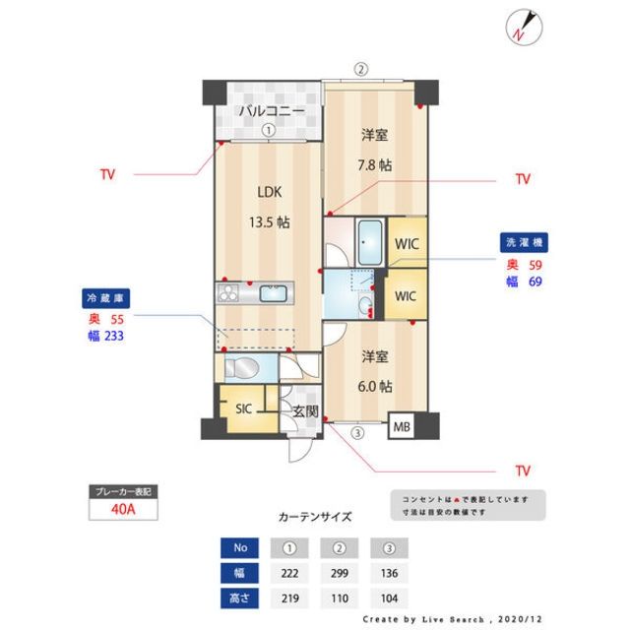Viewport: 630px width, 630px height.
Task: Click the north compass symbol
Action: [x=521, y=27]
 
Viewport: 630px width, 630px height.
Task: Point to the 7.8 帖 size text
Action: [x=374, y=165]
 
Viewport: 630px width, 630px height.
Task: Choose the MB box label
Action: [x=403, y=427]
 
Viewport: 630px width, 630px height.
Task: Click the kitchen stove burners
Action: [x=230, y=292]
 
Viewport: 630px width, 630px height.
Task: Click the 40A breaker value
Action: [x=122, y=510]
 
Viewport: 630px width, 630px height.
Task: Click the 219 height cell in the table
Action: [x=288, y=598]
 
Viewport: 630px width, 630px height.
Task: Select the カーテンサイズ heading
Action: [x=315, y=516]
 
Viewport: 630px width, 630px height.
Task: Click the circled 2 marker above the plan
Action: [x=361, y=69]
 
